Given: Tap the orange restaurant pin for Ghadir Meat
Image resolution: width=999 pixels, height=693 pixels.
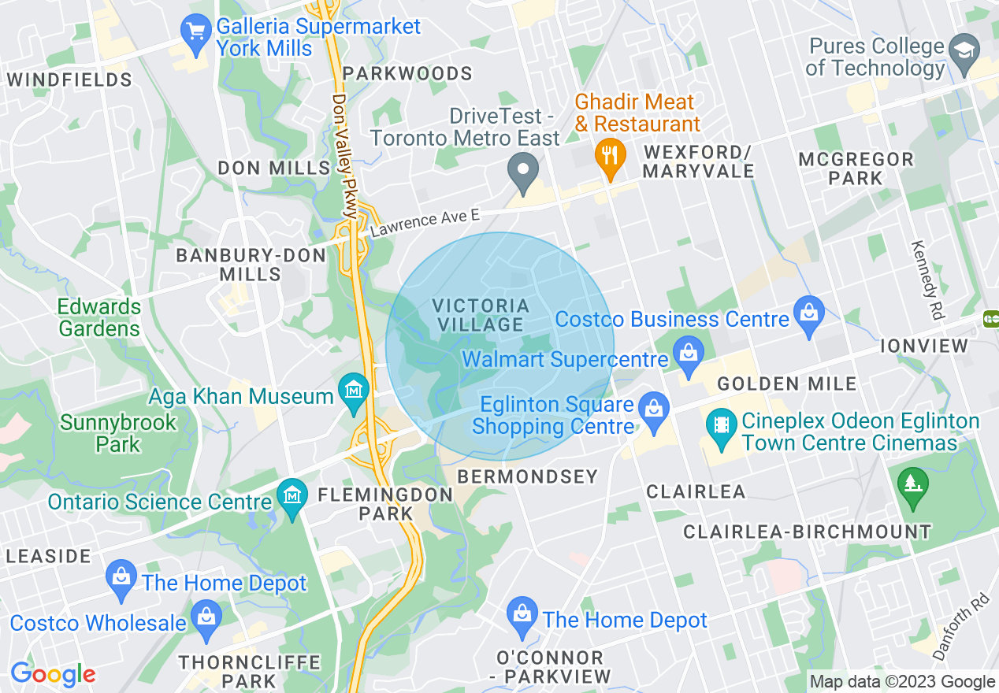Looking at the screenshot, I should (x=609, y=153).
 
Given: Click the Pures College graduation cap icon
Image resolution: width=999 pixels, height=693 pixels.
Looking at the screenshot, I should (x=964, y=49).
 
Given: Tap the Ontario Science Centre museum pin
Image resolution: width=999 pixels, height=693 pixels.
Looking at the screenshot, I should (x=292, y=498).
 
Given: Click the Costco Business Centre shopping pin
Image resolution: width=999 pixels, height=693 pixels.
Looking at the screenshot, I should (x=808, y=313).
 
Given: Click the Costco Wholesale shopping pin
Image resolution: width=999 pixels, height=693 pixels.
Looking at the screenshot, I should (x=206, y=617).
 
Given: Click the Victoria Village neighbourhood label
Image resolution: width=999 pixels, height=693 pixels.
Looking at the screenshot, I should (x=481, y=315).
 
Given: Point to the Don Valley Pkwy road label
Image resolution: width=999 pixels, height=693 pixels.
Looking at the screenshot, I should (x=345, y=157).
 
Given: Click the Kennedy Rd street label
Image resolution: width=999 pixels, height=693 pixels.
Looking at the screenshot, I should (x=927, y=280).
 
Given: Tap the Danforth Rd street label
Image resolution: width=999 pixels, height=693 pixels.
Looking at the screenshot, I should (x=971, y=627).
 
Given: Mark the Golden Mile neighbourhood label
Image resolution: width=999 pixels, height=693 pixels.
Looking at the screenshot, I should (x=786, y=384).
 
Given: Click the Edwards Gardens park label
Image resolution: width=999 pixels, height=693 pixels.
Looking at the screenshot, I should (x=99, y=317).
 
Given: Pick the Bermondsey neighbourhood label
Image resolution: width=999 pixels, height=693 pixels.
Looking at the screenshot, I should (x=527, y=476).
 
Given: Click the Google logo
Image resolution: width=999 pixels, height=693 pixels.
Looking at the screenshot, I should (x=53, y=674).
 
